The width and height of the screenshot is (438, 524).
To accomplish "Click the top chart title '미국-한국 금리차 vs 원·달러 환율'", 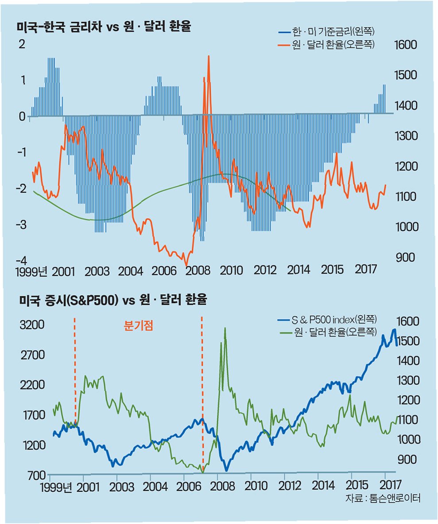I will point(104,27).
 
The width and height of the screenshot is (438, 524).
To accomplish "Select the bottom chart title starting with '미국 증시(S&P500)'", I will point(113,301).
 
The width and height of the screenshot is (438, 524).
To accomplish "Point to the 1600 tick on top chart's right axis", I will point(405,45).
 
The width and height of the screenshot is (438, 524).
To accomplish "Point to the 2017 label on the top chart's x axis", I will point(366,269).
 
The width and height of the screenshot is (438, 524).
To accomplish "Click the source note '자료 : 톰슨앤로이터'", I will point(382,498).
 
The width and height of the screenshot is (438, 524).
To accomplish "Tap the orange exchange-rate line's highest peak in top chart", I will point(208,57).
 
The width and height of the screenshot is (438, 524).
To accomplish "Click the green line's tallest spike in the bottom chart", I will point(225,328).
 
